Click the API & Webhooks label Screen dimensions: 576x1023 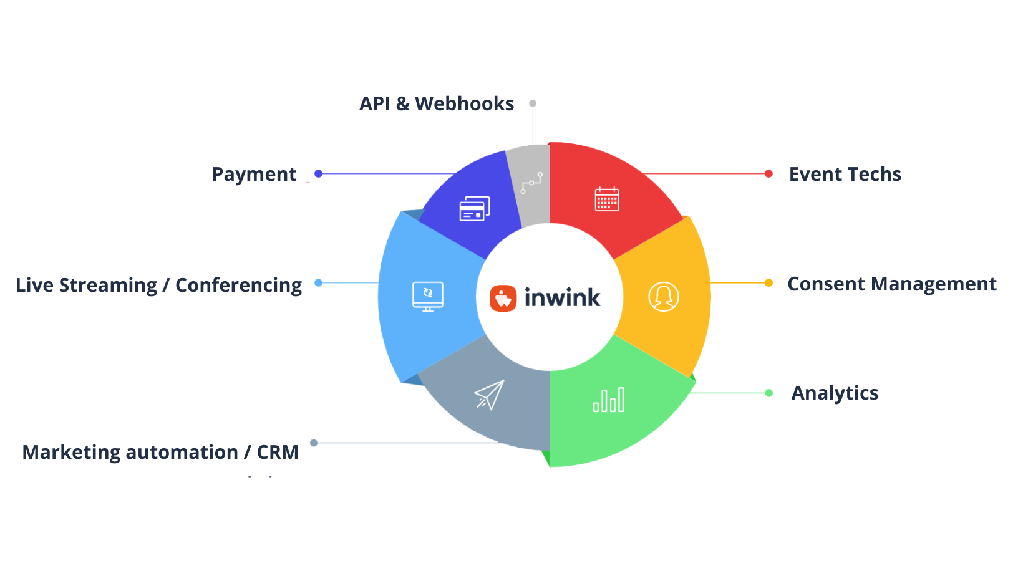437,103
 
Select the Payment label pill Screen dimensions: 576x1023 254,174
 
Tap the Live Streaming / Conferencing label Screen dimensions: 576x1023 159,285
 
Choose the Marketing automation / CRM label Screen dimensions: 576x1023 160,451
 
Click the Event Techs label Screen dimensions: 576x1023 845,174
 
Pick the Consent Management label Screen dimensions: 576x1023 891,284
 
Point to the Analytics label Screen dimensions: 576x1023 835,393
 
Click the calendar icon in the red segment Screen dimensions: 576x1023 607,199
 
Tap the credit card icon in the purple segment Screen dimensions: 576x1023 475,209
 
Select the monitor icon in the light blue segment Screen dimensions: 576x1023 428,296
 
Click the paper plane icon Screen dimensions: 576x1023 489,395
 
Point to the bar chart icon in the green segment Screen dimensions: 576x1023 609,400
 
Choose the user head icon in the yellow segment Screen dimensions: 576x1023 663,297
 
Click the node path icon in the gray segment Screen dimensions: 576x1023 531,183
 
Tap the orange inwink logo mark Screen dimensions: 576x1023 503,298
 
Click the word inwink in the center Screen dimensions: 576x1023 562,298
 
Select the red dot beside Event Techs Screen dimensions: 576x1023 768,174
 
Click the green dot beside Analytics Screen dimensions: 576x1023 768,393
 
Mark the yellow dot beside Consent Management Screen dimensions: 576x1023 768,283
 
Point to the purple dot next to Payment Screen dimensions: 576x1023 318,174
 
